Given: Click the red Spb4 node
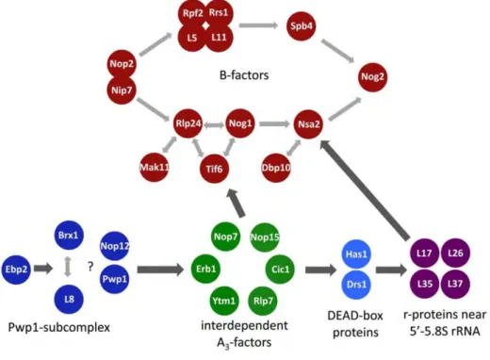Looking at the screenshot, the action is tap(302, 26).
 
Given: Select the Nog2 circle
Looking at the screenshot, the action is tap(372, 76).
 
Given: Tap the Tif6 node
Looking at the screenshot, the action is tap(214, 169).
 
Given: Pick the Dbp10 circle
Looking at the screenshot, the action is tap(276, 168).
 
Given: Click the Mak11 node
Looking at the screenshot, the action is tap(155, 167).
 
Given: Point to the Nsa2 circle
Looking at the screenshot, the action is tap(308, 124).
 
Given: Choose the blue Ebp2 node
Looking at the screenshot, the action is tap(16, 270).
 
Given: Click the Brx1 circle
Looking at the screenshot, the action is tap(69, 235).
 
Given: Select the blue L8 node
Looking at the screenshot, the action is tap(69, 299).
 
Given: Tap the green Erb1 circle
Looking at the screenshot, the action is tap(206, 269).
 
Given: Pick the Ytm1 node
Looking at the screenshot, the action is tap(223, 301).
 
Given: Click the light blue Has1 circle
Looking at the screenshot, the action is tap(356, 254).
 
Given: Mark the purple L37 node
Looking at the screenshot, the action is tap(455, 284).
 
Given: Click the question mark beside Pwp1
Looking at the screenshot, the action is tap(90, 267).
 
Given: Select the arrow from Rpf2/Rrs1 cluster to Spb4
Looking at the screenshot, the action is tap(258, 25).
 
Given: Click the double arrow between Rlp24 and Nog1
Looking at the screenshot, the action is tap(214, 125).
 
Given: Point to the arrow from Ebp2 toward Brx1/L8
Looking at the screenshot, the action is tap(43, 269).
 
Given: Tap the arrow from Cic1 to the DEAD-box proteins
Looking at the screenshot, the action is tap(320, 270).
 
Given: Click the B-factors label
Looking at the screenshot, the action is tap(244, 75).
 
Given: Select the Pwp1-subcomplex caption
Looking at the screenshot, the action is tap(59, 328).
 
